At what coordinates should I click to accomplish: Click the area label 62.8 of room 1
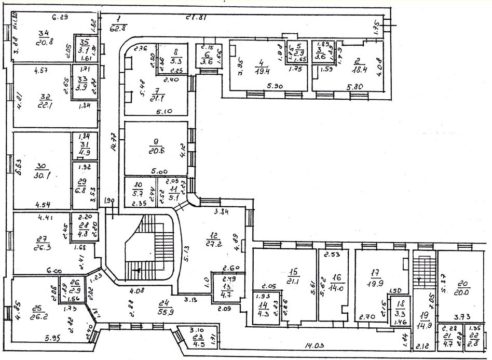pyautogui.click(x=118, y=28)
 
